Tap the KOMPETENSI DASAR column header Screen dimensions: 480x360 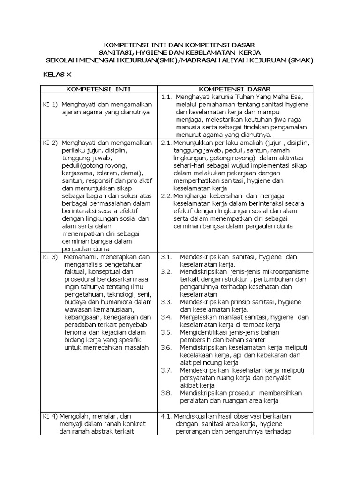point(234,89)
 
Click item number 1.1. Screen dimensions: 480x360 point(167,97)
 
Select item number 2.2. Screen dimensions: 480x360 point(166,196)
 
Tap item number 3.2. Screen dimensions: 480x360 point(166,272)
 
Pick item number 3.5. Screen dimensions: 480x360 point(166,332)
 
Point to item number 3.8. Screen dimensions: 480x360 point(166,393)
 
